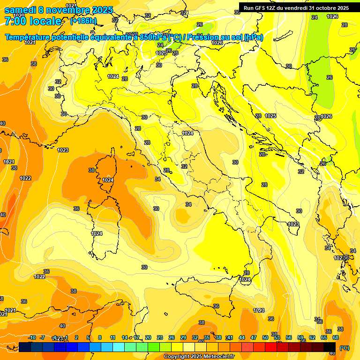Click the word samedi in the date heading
coord(19,10)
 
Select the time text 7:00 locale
coord(33,22)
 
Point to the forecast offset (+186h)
coord(83,21)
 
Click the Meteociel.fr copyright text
coord(199,357)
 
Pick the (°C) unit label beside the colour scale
coord(344,347)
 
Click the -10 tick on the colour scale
coord(32,337)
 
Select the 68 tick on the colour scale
coord(336,337)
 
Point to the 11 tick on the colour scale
coord(112,337)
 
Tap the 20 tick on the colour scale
coord(148,337)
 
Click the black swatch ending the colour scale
coord(331,347)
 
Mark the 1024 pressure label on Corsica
coord(108,180)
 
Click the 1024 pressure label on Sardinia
coord(97,233)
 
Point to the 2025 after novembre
coord(102,10)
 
